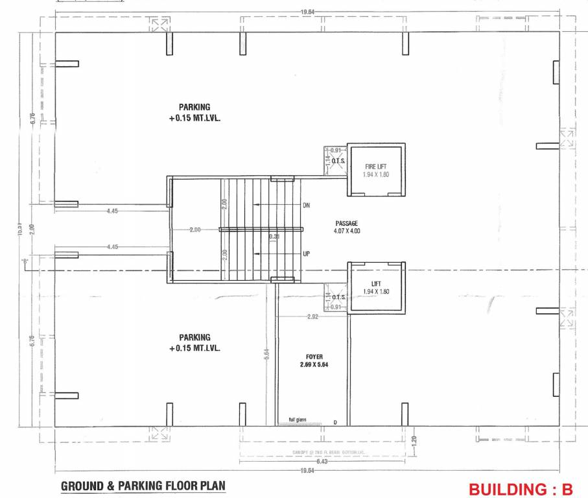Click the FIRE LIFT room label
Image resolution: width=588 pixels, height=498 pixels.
tap(376, 167)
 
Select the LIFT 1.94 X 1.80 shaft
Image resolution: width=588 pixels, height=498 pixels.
tap(376, 288)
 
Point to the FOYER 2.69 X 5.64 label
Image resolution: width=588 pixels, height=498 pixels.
tap(314, 361)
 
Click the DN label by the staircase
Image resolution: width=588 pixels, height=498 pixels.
tap(306, 206)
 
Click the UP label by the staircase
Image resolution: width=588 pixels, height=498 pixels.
tap(306, 254)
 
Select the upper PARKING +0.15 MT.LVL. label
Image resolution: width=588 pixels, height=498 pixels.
tap(195, 112)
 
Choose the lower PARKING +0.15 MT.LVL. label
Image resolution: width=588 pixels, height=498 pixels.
tap(195, 342)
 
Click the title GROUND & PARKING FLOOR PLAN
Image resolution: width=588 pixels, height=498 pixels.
tap(143, 486)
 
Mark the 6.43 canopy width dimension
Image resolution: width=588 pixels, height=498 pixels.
tap(322, 462)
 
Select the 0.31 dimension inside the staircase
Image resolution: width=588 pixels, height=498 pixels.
tap(275, 237)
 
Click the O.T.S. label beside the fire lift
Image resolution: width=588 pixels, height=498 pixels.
tap(338, 160)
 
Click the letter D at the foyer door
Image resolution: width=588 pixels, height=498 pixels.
tap(336, 423)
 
